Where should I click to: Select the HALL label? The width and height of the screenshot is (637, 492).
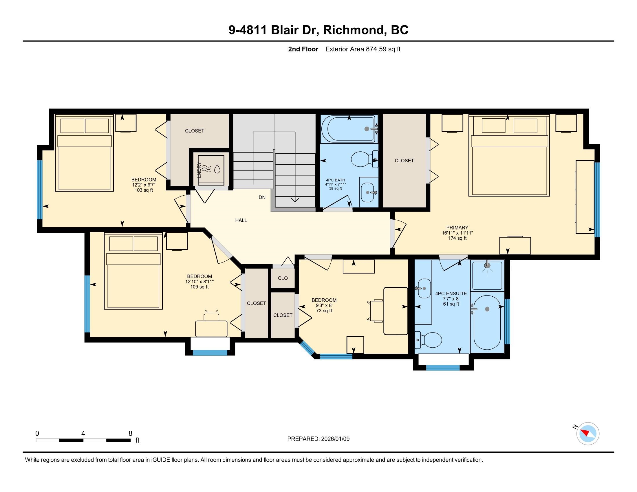tap(241, 220)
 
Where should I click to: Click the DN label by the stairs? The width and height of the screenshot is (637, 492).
tap(262, 197)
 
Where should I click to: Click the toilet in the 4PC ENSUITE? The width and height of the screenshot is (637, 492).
tap(428, 340)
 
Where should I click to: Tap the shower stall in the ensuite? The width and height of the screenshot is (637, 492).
tap(487, 275)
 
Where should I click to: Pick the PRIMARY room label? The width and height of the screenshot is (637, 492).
tap(457, 228)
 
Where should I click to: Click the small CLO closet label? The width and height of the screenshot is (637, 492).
tap(283, 278)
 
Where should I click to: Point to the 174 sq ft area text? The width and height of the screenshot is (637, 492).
tap(457, 238)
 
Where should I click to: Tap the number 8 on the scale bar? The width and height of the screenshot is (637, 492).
tap(130, 433)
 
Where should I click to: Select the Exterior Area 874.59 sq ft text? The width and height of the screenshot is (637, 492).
tap(363, 49)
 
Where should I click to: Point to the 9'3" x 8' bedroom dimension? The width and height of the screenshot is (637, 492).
tap(324, 305)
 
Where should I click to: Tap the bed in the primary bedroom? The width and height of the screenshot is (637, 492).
tap(509, 155)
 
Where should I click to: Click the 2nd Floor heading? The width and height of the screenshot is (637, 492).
tap(303, 49)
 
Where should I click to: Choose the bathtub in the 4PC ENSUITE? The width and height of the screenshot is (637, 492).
tap(487, 322)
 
